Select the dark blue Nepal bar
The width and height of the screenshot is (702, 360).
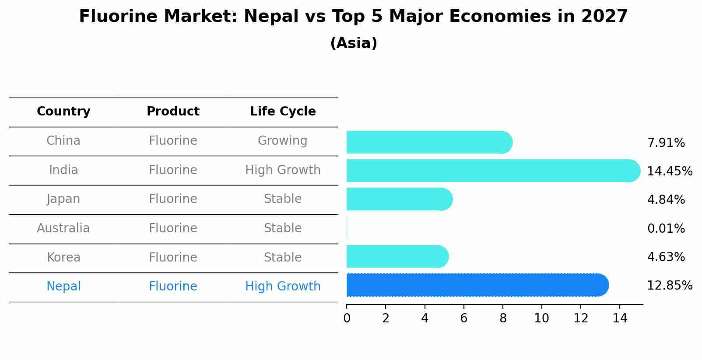click(477, 285)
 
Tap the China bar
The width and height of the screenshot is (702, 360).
click(429, 142)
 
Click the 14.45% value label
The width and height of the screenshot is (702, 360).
click(669, 171)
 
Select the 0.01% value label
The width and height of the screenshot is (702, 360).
click(666, 228)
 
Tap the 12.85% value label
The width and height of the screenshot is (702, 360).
click(669, 285)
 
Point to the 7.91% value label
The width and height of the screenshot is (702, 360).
click(666, 143)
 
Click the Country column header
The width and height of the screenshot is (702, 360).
click(63, 112)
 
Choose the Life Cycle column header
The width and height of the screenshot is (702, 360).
click(283, 112)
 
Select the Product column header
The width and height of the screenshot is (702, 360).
click(173, 112)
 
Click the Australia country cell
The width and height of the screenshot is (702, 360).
click(63, 228)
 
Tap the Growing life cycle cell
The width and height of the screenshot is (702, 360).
click(283, 141)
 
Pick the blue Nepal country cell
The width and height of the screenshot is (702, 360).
click(63, 287)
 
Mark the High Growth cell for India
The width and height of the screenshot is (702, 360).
click(283, 170)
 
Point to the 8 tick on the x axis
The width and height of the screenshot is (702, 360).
click(503, 318)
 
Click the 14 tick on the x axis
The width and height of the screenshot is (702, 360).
click(620, 318)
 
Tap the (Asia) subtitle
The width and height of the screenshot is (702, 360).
click(354, 43)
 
